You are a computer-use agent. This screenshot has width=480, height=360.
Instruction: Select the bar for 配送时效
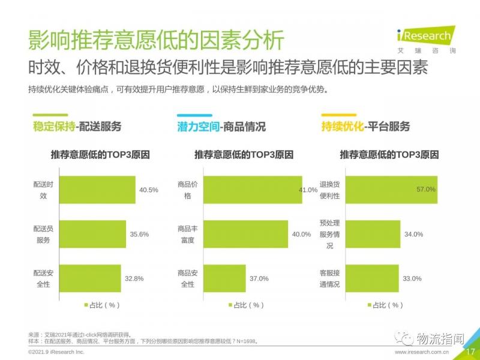coord(98,190)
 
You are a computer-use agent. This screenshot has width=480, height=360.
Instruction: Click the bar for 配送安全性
coord(91,278)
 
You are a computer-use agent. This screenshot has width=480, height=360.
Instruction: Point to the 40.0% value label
coord(301,234)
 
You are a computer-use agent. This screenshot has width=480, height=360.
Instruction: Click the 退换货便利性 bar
coord(392,190)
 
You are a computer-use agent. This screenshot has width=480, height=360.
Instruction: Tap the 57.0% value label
coord(425,190)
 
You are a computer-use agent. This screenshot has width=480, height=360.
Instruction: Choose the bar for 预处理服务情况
coord(373,234)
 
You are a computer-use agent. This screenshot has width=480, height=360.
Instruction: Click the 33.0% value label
coord(412,278)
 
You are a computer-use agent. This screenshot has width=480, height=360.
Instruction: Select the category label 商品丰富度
coord(188,234)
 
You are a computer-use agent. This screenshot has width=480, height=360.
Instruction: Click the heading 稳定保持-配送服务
coord(77,127)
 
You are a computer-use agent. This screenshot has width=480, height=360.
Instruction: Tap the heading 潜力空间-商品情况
coord(221,127)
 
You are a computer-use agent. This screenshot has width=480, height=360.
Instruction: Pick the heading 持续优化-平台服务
coord(366,127)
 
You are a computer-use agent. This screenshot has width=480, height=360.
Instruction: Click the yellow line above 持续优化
coord(340,114)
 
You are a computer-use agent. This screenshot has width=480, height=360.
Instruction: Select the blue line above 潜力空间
coord(195,114)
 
